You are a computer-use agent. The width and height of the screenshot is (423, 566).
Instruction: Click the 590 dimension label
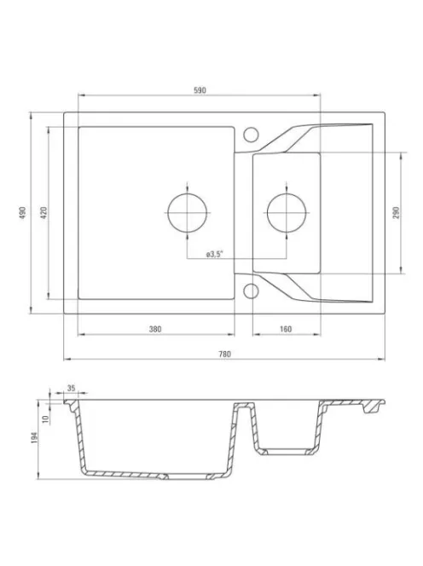200,90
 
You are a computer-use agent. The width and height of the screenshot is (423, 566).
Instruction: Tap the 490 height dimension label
23,213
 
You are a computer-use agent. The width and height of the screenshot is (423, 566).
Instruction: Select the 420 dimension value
43,213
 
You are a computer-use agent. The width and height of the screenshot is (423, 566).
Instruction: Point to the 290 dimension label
396,213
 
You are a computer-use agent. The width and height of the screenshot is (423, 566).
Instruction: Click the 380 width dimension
155,329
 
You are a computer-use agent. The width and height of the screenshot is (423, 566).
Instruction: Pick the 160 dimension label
286,329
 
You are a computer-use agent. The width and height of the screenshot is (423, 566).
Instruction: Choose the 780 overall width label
224,354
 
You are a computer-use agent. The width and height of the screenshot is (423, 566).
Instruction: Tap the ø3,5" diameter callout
215,255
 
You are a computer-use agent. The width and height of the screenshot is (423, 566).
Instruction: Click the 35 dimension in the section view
71,388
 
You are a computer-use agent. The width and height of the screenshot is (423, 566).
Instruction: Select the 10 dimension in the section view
45,419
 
